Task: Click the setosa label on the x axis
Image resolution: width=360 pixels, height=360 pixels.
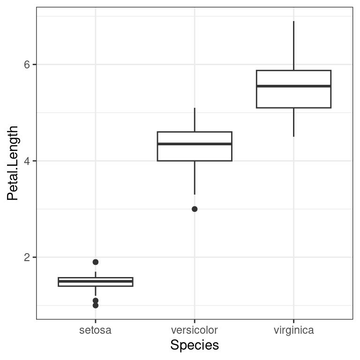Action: coord(96,330)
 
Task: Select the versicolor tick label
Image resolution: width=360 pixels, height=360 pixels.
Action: coord(195,330)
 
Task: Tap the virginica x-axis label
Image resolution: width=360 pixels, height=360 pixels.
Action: coord(293,330)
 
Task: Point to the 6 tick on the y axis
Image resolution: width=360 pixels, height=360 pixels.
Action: coord(27,65)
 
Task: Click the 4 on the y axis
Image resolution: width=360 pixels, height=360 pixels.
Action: coord(27,161)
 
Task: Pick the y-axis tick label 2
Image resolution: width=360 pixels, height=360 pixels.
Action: coord(27,257)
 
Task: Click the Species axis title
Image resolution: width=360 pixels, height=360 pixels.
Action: coord(195,345)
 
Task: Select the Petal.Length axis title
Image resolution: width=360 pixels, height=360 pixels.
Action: coord(13,163)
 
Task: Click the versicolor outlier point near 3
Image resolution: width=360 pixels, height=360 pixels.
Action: coord(195,209)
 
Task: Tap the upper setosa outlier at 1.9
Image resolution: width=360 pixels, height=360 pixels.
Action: coord(96,262)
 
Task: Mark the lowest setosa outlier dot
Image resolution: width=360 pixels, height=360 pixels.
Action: coord(96,305)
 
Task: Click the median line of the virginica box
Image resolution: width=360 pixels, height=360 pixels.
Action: coord(293,86)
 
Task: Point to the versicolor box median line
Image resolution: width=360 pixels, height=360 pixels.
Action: coord(195,144)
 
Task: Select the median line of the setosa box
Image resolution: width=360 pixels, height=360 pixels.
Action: coord(96,281)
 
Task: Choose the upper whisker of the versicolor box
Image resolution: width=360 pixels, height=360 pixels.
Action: coord(195,120)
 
